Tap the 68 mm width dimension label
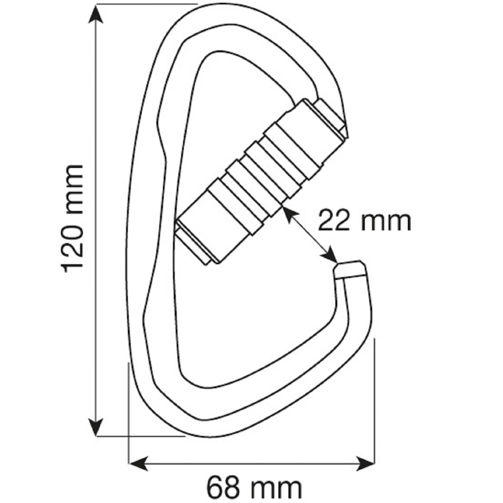254,488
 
